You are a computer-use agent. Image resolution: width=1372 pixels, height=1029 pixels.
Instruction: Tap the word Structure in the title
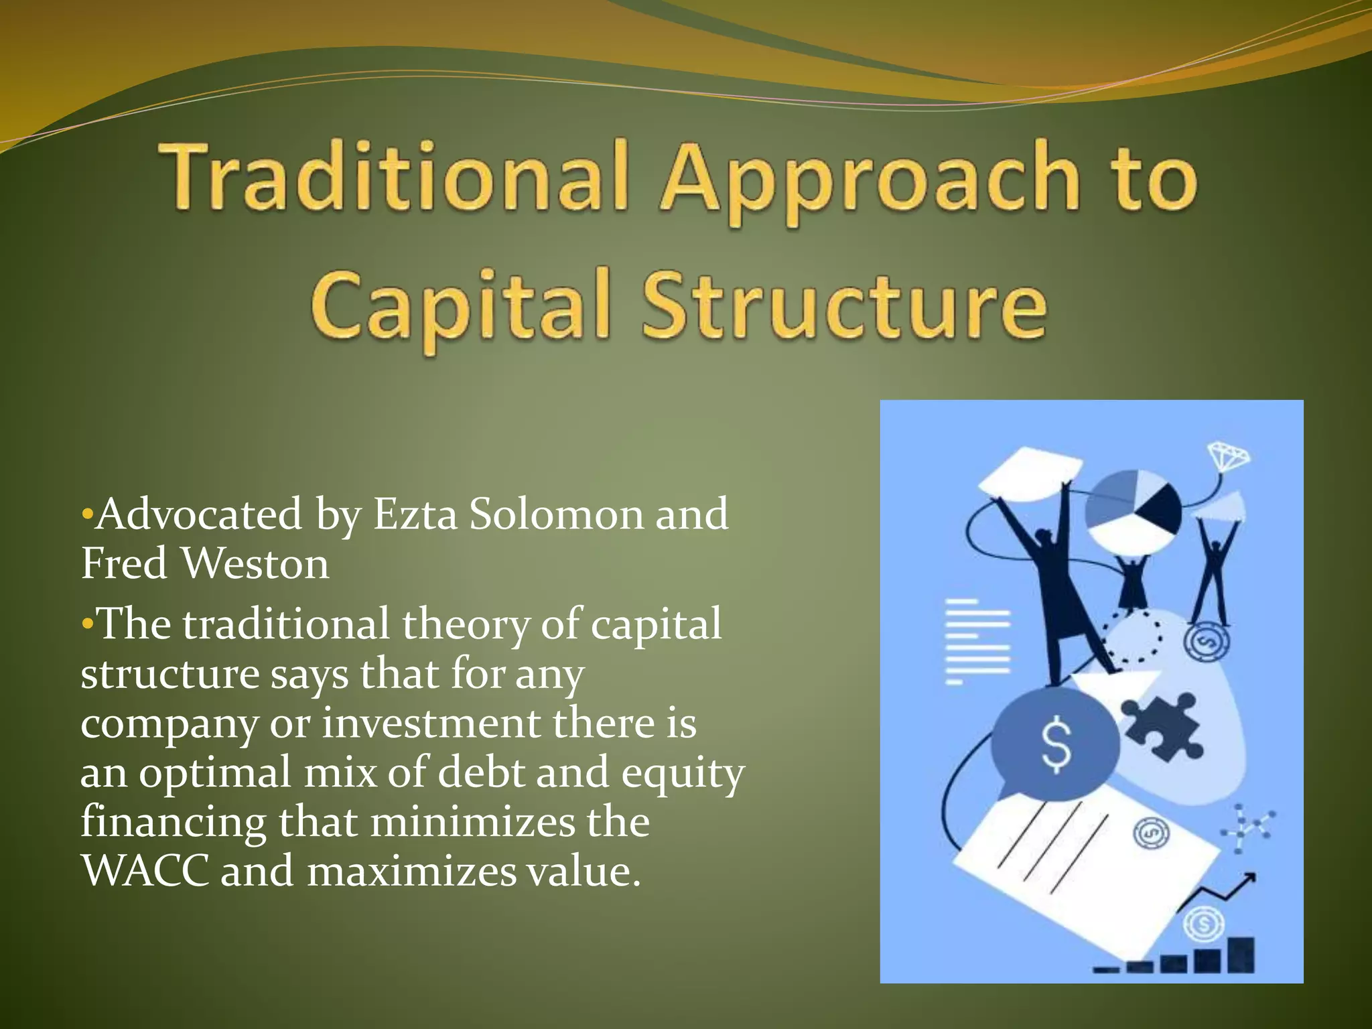[x=844, y=305]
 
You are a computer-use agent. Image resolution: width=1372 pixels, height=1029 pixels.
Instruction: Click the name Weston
[x=255, y=563]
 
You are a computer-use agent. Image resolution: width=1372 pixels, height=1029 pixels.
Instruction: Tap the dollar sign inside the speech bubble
[x=1056, y=744]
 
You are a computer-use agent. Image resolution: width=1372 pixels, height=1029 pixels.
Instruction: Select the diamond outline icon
[x=1229, y=458]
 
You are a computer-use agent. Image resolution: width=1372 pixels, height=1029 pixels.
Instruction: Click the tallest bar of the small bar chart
[x=1241, y=954]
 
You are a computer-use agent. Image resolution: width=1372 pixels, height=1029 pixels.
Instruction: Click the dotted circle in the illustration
[x=1131, y=636]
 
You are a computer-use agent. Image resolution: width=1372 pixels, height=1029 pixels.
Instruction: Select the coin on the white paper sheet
[x=1151, y=833]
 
